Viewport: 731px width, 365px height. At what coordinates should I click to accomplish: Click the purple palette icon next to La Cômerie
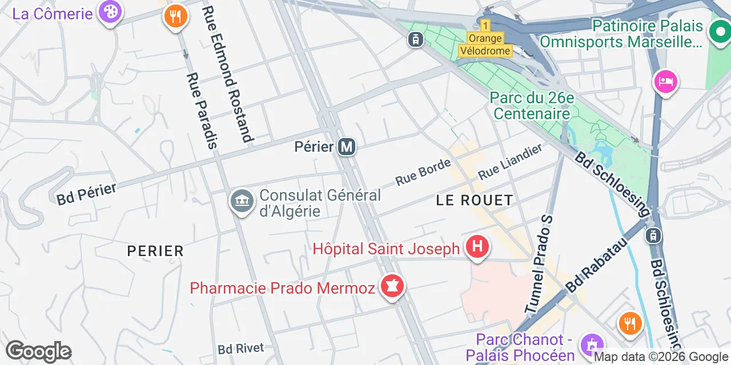coord(109,11)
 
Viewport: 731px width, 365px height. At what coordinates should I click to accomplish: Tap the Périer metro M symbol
coord(347,147)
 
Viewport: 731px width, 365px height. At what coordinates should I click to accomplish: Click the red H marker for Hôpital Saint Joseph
coord(477,247)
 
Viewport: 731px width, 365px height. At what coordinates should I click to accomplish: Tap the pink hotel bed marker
coord(665,82)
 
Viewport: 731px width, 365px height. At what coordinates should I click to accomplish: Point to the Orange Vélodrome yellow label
coord(485,44)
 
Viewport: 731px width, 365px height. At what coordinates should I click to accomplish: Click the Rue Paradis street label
coord(202,111)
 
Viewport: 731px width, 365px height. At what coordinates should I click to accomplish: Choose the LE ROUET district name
coord(475,200)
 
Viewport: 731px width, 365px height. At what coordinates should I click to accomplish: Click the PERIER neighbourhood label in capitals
coord(155,251)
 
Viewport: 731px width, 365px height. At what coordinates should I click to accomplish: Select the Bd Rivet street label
coord(241,348)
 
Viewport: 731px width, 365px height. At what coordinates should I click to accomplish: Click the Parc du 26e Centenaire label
coord(532,106)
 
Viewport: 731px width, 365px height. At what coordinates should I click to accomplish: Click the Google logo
coord(38,352)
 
